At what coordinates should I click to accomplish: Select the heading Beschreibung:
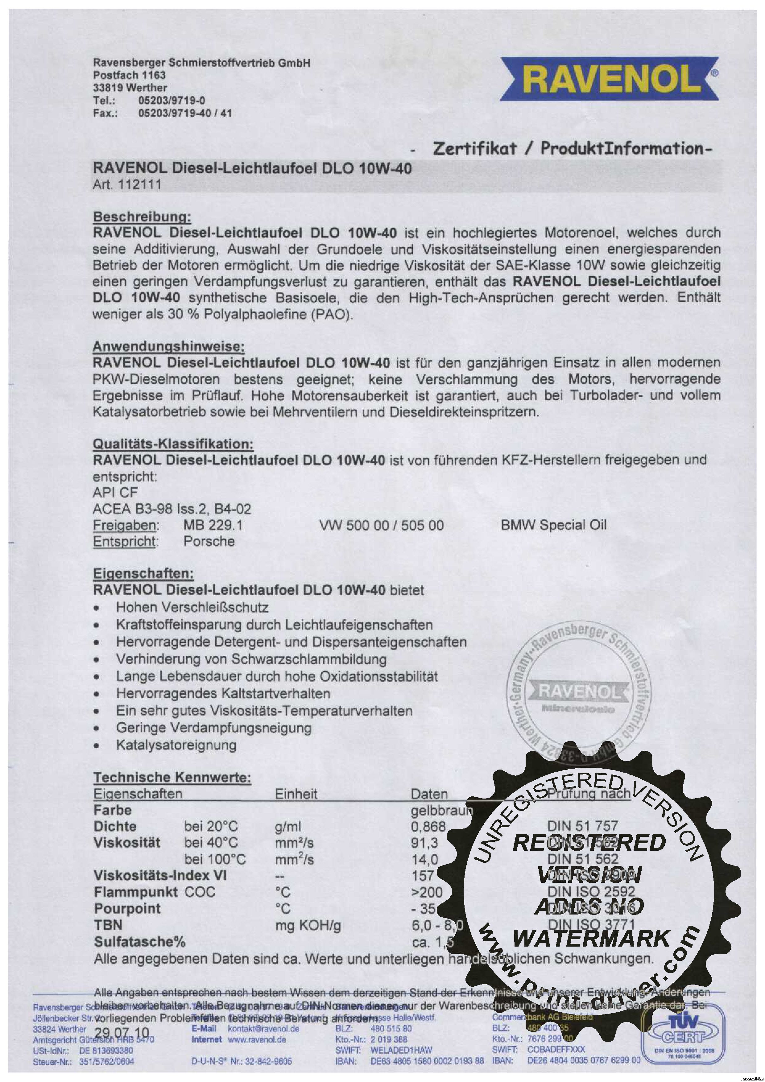click(x=142, y=217)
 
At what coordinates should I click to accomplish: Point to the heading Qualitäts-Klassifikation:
click(x=173, y=444)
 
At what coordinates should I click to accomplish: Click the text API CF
click(x=115, y=493)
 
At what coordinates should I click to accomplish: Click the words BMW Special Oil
click(x=553, y=525)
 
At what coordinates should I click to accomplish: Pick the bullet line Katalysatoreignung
click(x=176, y=745)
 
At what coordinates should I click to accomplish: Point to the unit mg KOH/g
click(x=308, y=926)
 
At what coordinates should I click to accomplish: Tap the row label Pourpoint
click(x=127, y=909)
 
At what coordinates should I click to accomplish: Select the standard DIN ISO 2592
click(x=591, y=892)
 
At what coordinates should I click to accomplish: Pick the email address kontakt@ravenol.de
click(x=263, y=1029)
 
